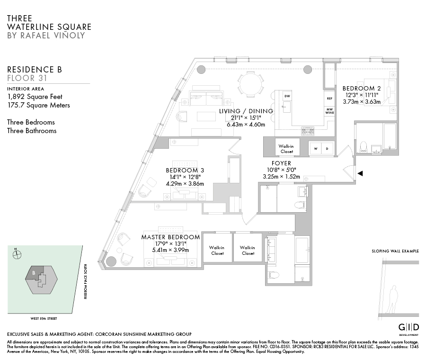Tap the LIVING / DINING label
[x=246, y=111]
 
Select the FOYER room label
[x=282, y=163]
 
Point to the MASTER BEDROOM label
[x=170, y=237]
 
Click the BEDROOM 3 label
[x=185, y=171]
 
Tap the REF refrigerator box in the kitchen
[x=329, y=98]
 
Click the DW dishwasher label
[x=287, y=96]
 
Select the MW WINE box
[x=329, y=111]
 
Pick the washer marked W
[x=315, y=149]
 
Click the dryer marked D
[x=327, y=149]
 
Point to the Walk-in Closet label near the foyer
[x=286, y=149]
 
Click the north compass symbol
[x=17, y=254]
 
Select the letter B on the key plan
[x=34, y=272]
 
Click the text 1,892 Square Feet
[x=35, y=97]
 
